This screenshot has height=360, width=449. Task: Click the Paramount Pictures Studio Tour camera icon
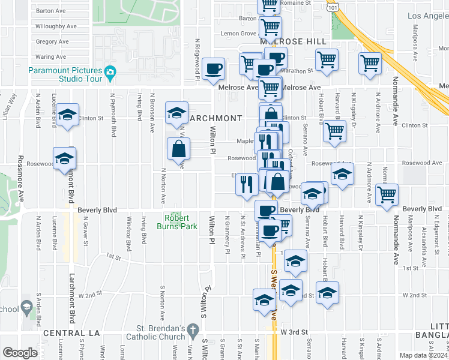(x=110, y=74)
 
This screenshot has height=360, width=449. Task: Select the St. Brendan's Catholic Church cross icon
(x=192, y=329)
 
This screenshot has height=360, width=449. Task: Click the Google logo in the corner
(x=19, y=353)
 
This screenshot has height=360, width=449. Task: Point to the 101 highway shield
(x=332, y=5)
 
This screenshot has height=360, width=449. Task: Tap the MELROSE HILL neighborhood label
(x=293, y=41)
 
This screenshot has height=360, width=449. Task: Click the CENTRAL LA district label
(x=66, y=332)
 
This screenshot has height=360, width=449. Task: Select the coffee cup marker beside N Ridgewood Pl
(x=213, y=69)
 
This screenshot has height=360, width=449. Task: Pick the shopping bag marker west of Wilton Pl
(x=179, y=149)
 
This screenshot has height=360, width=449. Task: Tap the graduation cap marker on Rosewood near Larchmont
(x=64, y=159)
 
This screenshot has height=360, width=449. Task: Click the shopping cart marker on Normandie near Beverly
(x=387, y=194)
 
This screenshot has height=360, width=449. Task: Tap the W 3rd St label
(x=294, y=332)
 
